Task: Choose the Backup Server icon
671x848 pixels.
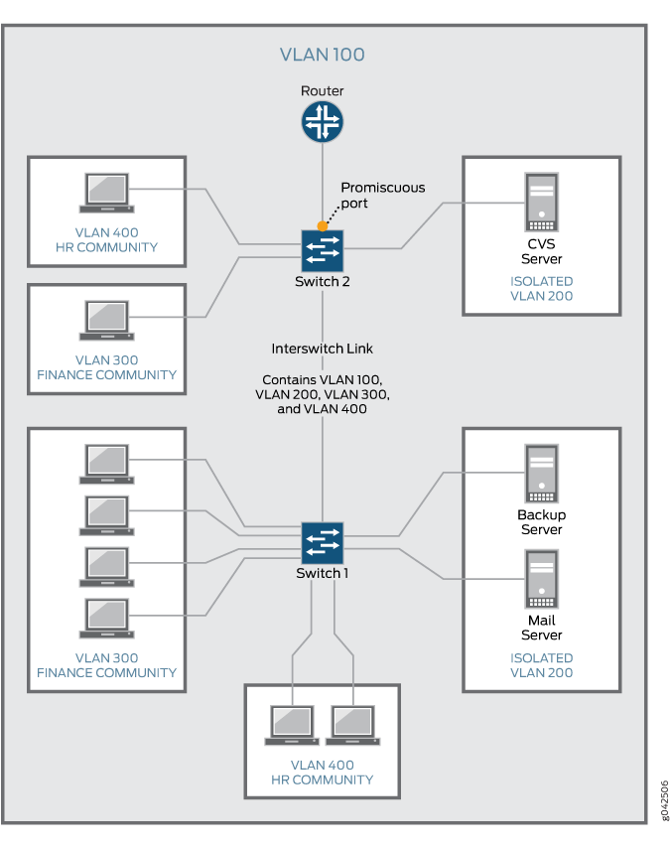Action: click(541, 473)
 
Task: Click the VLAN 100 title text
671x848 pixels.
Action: click(323, 55)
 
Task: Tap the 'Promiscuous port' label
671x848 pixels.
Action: click(382, 195)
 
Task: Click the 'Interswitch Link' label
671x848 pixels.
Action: click(323, 349)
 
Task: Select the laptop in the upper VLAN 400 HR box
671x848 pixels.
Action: click(106, 195)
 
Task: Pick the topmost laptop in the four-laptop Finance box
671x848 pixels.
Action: click(106, 463)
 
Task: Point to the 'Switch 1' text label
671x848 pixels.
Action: click(323, 574)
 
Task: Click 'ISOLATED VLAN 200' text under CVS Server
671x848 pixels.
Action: click(541, 289)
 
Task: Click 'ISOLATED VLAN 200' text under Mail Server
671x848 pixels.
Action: click(541, 665)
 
